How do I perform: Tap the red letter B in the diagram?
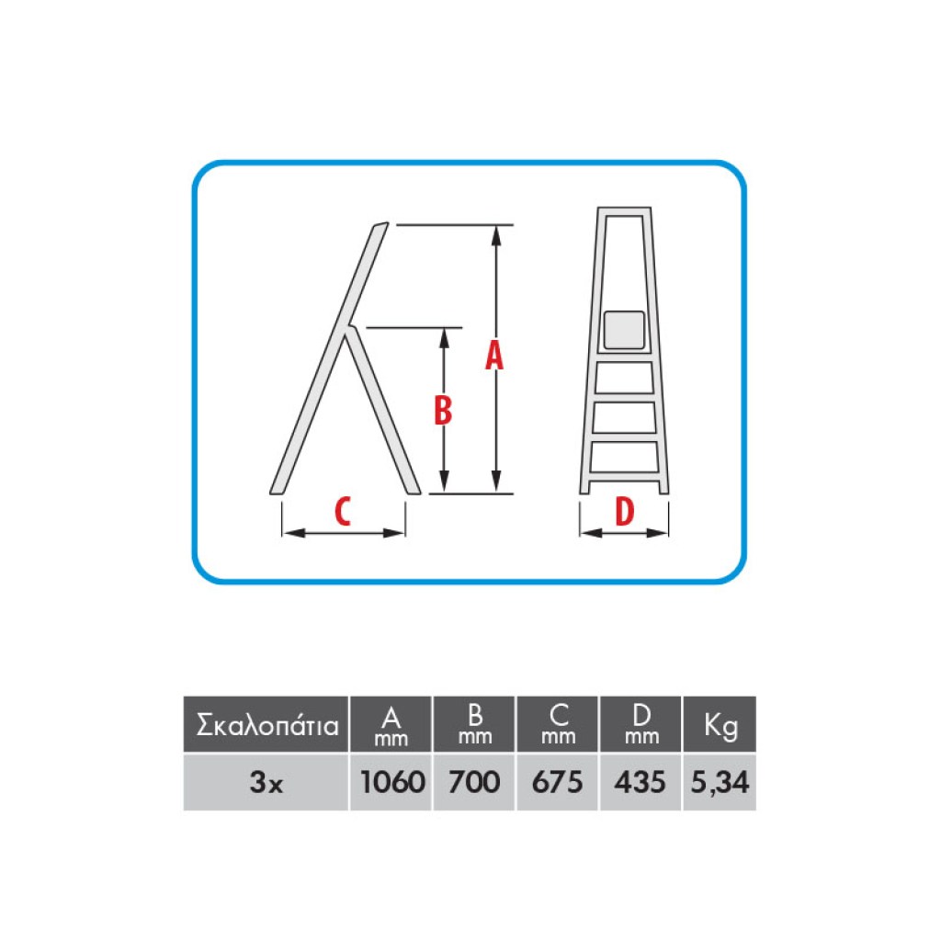click(x=443, y=411)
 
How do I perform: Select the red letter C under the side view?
click(x=342, y=511)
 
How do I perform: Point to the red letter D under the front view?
click(x=625, y=511)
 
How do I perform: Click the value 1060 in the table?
click(x=392, y=782)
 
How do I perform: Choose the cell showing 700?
click(x=474, y=782)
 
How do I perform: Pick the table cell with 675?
click(x=557, y=782)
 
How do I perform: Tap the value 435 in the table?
click(x=640, y=782)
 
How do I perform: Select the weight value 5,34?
click(x=720, y=783)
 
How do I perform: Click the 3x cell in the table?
click(x=266, y=782)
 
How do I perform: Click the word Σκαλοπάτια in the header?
click(x=267, y=726)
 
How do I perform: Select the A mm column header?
click(x=391, y=726)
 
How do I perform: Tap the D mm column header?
click(x=641, y=724)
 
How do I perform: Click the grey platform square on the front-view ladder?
click(x=624, y=330)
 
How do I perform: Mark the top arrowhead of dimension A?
click(x=495, y=236)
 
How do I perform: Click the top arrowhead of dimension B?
click(x=444, y=338)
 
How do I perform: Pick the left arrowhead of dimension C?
click(x=293, y=532)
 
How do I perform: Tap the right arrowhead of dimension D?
click(x=657, y=532)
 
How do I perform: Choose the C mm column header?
click(x=558, y=724)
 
